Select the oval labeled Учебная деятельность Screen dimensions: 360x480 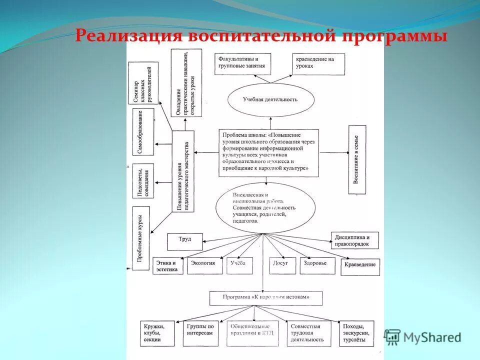[270, 99]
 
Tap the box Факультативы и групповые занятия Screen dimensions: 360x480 [242, 63]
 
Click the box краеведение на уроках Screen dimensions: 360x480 [318, 63]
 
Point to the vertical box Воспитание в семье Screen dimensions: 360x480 [357, 159]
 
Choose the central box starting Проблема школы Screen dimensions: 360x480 [268, 152]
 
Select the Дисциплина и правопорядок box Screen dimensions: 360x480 [354, 240]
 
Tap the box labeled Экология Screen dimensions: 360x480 [206, 264]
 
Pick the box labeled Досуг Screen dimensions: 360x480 [281, 264]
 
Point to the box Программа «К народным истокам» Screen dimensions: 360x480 [266, 297]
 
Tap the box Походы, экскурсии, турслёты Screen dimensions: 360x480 [356, 332]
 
